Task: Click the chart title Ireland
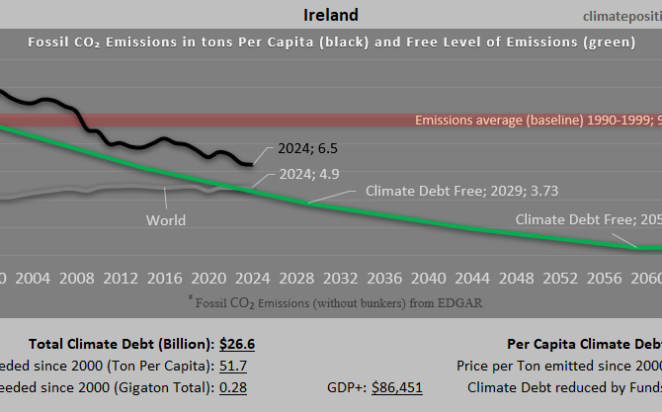(330, 15)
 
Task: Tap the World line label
(165, 220)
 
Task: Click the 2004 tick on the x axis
(34, 278)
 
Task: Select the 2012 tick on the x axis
(121, 278)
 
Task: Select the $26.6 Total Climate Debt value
(237, 344)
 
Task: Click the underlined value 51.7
(234, 366)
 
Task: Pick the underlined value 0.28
(234, 387)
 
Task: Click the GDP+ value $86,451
(396, 387)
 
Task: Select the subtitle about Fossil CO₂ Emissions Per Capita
(330, 41)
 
